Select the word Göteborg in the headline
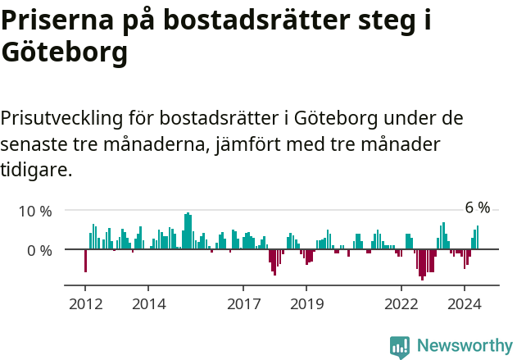coord(65,53)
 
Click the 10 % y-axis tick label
coord(35,211)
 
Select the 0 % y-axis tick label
coord(39,250)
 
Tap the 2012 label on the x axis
coord(85,303)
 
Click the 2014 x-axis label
coord(148,303)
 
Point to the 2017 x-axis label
coord(243,303)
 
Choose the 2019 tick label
coord(306,303)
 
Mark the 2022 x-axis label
coord(401,303)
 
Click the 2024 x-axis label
coord(465,303)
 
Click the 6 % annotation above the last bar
coord(478,207)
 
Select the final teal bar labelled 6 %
coord(478,238)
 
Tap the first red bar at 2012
coord(85,260)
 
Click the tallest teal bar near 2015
coord(188,230)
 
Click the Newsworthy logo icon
coord(400,346)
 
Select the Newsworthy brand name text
coord(465,346)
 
